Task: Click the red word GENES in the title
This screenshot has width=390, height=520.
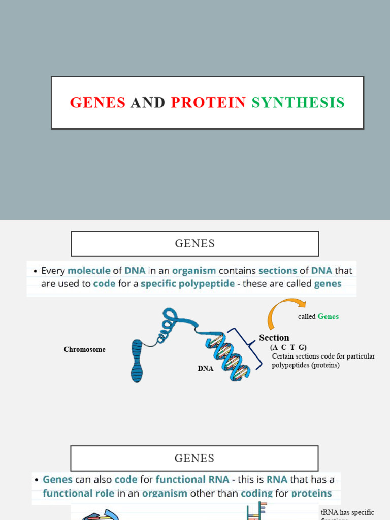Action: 97,103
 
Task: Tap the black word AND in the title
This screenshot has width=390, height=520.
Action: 148,103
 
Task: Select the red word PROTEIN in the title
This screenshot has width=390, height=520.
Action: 208,103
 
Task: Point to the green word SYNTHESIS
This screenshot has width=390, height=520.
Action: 298,103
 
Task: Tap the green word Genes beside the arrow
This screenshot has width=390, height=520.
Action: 328,317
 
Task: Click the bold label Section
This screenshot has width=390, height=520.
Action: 274,338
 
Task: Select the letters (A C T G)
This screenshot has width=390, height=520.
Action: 288,347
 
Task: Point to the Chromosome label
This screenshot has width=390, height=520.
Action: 84,350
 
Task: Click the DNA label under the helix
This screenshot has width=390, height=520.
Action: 206,369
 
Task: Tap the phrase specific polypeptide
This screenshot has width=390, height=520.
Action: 187,284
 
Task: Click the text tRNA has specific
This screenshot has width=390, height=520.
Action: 347,512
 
